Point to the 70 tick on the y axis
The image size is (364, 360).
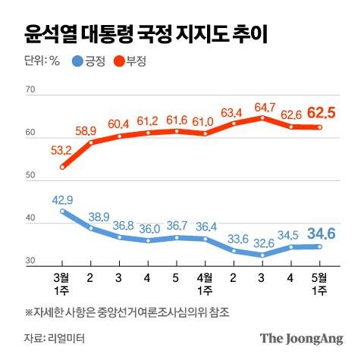31,90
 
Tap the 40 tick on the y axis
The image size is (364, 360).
31,219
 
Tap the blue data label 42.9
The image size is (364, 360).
62,200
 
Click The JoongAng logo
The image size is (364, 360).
302,338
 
